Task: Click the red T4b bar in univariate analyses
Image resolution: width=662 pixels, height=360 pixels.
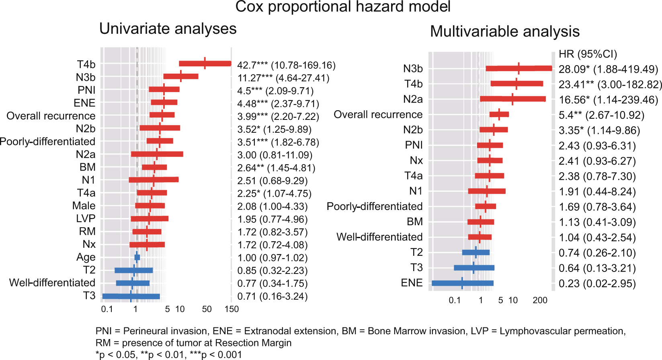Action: point(205,64)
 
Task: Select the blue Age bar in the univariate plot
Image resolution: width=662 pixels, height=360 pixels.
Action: point(137,257)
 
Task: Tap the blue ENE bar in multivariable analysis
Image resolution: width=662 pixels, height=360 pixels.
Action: point(462,283)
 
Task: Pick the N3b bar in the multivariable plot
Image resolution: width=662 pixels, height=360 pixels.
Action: point(519,68)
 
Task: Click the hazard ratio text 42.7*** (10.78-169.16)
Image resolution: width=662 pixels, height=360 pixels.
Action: point(286,65)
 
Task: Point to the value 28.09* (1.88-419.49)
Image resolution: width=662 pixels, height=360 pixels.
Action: point(608,69)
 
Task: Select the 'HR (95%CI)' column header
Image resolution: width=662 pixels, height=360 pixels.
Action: point(588,54)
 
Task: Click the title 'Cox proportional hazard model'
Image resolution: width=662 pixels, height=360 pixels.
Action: point(342,7)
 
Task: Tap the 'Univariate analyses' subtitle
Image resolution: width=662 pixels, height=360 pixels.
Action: point(168,29)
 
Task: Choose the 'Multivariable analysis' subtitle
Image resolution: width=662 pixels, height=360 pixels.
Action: point(504,31)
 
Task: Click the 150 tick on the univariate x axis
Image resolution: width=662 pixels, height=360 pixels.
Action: point(232,309)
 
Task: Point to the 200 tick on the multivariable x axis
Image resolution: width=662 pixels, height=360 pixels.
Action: point(540,300)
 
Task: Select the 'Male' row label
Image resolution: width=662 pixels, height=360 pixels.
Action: point(84,206)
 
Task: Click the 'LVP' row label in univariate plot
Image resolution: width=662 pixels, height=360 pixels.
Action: point(86,218)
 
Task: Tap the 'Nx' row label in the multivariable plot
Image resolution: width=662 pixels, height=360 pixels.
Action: point(416,160)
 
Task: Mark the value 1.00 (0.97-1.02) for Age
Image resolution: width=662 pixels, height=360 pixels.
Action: point(272,258)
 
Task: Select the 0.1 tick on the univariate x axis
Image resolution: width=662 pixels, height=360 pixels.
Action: point(107,309)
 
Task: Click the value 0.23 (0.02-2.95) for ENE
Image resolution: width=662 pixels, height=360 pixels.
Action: point(597,284)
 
